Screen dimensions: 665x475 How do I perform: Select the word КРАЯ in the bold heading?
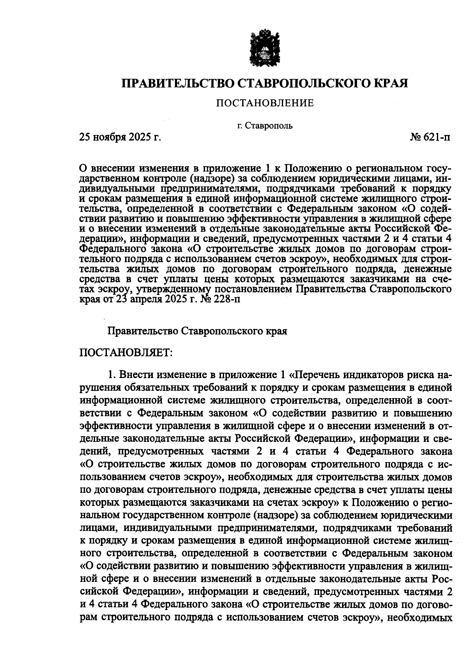click(390, 84)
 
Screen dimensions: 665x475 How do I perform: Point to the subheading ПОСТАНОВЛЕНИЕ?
click(264, 104)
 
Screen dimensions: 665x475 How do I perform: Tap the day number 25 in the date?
click(86, 138)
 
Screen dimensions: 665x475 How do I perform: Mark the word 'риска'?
click(419, 374)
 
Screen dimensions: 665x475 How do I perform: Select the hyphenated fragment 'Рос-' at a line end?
click(440, 579)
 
